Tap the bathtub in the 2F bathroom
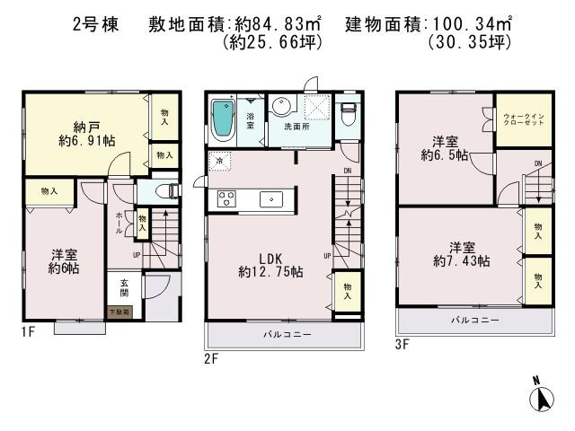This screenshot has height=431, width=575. [222, 119]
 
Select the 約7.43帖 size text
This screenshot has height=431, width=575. [461, 260]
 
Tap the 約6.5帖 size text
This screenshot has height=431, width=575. [446, 154]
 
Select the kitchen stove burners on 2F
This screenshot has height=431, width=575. [225, 199]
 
